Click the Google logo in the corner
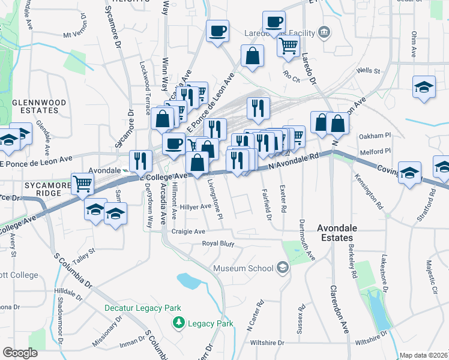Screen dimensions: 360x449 click(20, 353)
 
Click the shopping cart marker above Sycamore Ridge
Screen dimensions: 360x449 click(83, 183)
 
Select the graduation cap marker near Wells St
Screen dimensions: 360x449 click(424, 86)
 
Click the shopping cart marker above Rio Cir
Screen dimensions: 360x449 click(289, 45)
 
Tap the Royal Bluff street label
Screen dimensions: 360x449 click(217, 244)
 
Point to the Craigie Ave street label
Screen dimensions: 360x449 click(188, 232)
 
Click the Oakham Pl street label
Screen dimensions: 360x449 click(375, 137)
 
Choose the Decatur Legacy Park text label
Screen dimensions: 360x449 click(142, 308)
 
